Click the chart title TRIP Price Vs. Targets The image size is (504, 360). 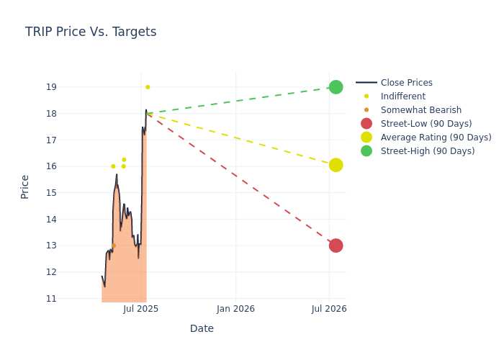click(91, 32)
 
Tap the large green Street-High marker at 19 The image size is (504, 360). click(336, 87)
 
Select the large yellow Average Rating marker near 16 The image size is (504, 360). click(336, 165)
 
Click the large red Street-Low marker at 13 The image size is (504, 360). click(336, 246)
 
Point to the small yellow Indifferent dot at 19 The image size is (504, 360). click(148, 87)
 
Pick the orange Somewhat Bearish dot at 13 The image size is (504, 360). click(114, 246)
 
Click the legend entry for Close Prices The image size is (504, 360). click(394, 83)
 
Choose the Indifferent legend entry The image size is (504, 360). click(395, 96)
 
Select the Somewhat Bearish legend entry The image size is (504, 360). click(413, 110)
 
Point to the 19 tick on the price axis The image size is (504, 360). click(51, 87)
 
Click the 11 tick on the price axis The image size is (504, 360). click(51, 299)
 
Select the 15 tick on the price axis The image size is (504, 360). click(51, 193)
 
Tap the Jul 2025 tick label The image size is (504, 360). click(140, 309)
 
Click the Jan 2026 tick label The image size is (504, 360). click(235, 309)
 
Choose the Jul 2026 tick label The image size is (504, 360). click(329, 309)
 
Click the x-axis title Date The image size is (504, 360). click(202, 328)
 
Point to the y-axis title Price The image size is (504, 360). click(24, 187)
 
